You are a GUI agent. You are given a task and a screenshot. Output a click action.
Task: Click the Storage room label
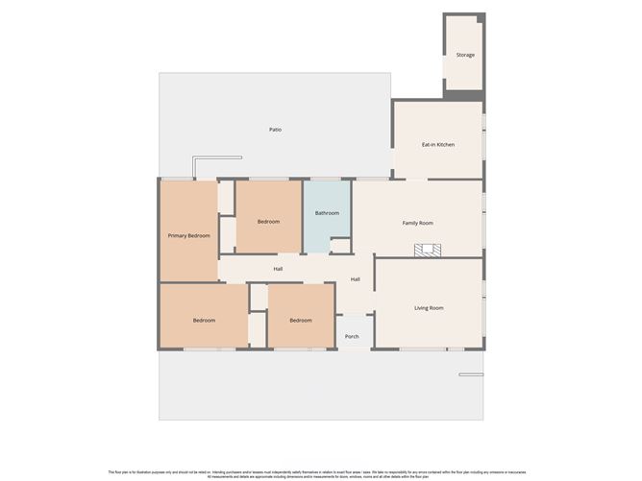[x=465, y=55]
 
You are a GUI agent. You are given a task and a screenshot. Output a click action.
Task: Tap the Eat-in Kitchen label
[x=438, y=145]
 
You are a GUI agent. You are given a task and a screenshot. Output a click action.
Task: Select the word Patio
[x=275, y=130]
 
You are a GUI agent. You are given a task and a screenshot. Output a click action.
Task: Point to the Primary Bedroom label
[x=188, y=235]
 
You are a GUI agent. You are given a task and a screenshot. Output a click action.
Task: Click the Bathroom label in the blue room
[x=327, y=213]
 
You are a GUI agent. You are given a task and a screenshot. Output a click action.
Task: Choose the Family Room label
[x=417, y=223]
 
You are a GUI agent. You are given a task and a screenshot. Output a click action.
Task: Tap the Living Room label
[x=429, y=308]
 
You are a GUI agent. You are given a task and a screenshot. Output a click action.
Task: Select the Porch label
[x=352, y=336]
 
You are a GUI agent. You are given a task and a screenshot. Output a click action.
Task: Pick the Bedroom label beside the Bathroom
[x=268, y=222]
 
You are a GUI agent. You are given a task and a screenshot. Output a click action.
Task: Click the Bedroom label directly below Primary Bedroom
[x=203, y=320]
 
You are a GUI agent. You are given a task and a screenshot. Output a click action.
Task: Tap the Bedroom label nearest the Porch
[x=300, y=320]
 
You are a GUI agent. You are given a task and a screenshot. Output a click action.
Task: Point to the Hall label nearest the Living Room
[x=355, y=279]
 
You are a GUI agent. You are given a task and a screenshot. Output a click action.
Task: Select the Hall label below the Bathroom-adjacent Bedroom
[x=277, y=269]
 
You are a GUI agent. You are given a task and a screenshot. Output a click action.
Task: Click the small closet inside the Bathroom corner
[x=340, y=247]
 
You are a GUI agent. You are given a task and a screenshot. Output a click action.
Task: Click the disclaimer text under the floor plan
[x=321, y=472]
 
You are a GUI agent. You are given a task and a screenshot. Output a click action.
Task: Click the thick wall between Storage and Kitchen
[x=463, y=97]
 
